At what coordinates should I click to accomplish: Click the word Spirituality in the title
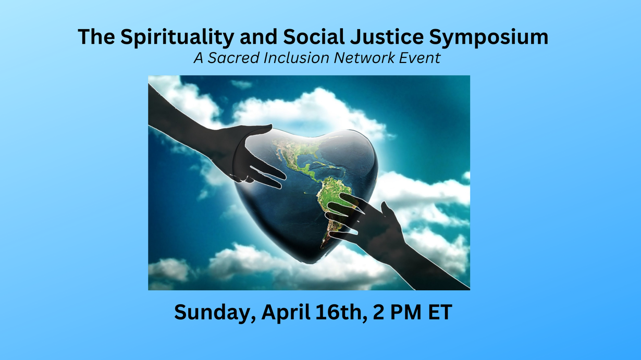[177, 38]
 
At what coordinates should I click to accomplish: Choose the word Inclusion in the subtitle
[297, 57]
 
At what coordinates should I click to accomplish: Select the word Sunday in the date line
[215, 313]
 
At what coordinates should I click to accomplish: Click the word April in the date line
[286, 313]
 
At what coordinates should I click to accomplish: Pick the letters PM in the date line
[406, 312]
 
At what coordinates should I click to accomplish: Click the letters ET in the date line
[440, 312]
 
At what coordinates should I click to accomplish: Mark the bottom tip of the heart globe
[308, 263]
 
